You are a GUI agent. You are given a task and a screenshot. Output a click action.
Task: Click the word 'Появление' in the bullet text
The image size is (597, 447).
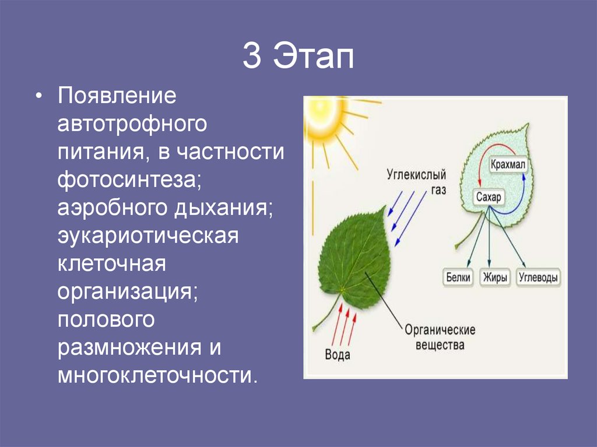[116, 95]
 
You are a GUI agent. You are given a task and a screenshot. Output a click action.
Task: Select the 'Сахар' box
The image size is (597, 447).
[488, 198]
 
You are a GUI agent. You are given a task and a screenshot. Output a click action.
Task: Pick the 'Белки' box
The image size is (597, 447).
[458, 277]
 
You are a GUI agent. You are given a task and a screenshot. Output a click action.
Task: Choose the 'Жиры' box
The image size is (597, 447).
[494, 277]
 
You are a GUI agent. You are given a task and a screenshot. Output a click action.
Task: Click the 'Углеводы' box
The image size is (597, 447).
[538, 277]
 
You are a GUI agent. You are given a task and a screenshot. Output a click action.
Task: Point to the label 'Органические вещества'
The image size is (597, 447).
[440, 337]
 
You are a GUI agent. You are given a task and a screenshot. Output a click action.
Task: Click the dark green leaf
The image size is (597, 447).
[353, 256]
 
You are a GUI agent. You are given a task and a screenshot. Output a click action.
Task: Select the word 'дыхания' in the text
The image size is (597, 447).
[232, 208]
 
